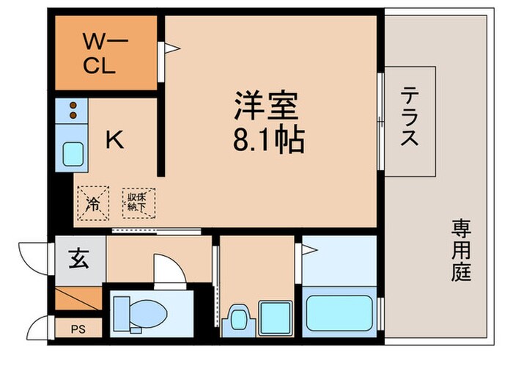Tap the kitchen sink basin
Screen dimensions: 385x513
73,154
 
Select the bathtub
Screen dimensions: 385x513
339,313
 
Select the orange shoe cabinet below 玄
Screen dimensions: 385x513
78,298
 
